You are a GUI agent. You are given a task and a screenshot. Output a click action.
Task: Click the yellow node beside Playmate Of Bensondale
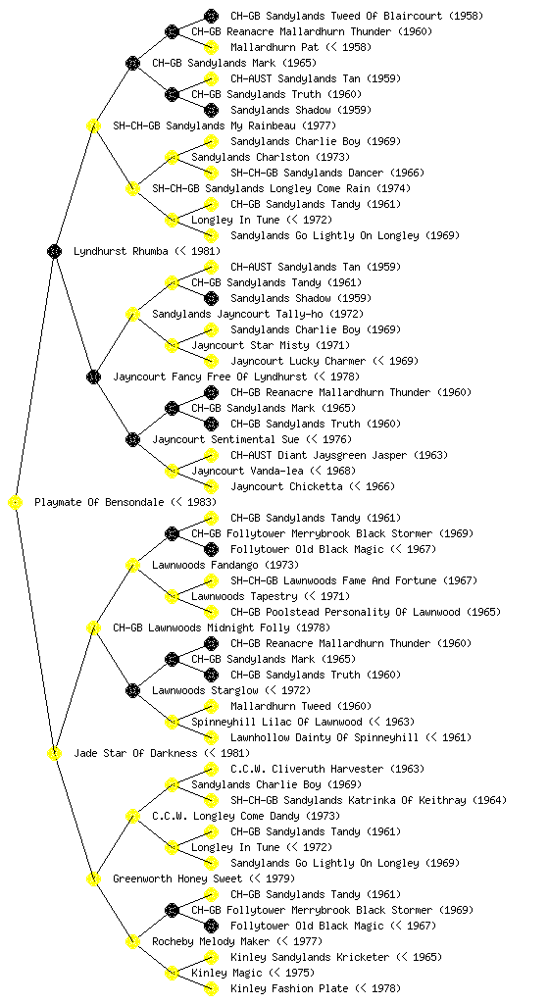coord(16,503)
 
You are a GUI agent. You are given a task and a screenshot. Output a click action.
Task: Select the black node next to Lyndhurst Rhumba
coord(54,251)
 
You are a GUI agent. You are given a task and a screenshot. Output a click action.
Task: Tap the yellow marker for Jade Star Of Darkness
coord(54,754)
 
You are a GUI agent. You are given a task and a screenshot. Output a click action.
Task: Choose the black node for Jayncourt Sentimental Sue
coord(132,440)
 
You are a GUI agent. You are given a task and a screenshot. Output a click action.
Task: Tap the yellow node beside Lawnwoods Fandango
coord(132,566)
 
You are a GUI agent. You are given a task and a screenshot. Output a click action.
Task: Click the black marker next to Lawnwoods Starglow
coord(132,691)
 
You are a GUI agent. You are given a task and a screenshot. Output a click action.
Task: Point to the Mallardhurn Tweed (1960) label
coord(301,706)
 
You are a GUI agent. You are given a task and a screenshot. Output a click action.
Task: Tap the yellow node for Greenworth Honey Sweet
coord(93,879)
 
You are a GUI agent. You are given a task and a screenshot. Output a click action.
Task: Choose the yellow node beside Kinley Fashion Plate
coord(211,988)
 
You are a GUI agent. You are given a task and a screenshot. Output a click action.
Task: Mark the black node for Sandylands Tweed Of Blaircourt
coord(211,16)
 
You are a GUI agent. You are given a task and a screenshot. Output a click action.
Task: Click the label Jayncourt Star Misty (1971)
coord(271,346)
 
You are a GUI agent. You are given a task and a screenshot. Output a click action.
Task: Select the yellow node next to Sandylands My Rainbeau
coord(93,125)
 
